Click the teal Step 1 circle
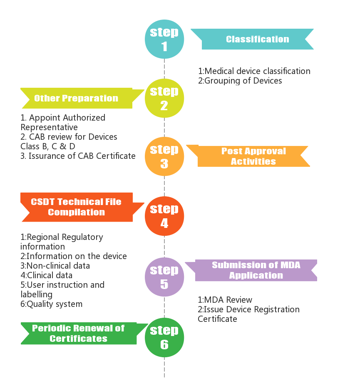164,39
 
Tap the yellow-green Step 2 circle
164,98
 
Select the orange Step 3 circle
164,156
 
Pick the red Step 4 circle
164,216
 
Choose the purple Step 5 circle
164,277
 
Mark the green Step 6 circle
164,338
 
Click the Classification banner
252,39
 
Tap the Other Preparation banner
82,98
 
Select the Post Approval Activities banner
248,156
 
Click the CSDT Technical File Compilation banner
82,207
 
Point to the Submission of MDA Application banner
251,270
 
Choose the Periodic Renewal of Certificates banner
84,334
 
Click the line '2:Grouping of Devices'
240,81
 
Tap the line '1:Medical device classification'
254,71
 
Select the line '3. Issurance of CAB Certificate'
78,156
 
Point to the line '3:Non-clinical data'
55,266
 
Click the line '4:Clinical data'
46,275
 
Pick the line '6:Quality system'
51,304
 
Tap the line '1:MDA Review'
225,300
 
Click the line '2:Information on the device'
74,256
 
